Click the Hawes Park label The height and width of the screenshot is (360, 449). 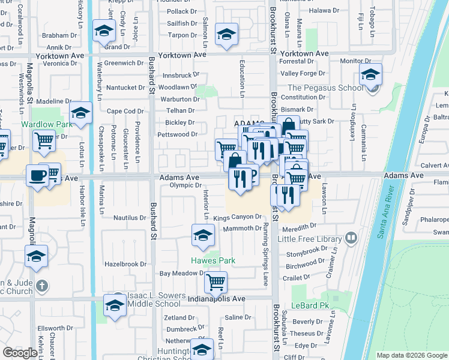point(213,260)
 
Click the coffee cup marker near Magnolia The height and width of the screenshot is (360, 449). point(37,175)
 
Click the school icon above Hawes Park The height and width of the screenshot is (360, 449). point(203,235)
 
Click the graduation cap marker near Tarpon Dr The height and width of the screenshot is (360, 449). point(227,34)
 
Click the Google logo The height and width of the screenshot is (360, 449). point(20,353)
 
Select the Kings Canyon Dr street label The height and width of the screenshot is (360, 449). point(238,217)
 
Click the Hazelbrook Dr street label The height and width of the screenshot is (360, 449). point(125,264)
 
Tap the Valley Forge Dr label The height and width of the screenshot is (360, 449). point(303,73)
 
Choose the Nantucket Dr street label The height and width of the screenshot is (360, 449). point(125,88)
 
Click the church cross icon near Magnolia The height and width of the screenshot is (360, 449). point(41,285)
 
